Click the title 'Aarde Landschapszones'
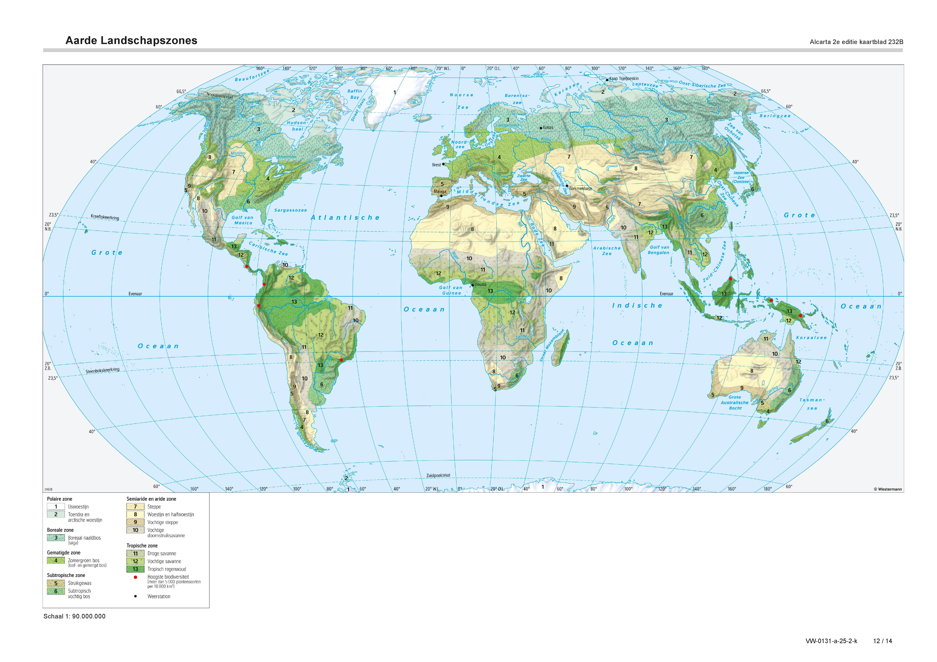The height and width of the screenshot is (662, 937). (x=131, y=41)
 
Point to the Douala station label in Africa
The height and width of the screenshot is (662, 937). (x=480, y=284)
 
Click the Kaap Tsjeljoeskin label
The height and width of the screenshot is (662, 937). (x=624, y=79)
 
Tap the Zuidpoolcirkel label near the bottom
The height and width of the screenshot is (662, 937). (x=438, y=476)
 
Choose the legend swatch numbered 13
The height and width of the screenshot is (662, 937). (x=136, y=569)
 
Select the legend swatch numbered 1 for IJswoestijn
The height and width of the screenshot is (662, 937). (x=56, y=507)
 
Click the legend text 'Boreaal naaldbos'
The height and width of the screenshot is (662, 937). (x=84, y=538)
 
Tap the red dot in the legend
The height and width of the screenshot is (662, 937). (x=136, y=577)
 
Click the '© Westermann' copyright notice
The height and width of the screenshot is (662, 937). (x=888, y=489)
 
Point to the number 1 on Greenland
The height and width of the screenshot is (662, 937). (x=395, y=93)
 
